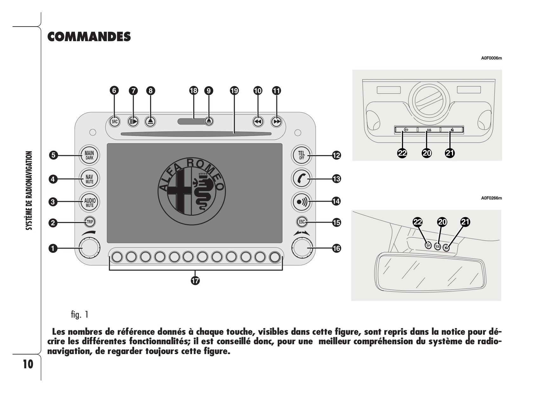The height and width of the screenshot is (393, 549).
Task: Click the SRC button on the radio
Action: pos(115,121)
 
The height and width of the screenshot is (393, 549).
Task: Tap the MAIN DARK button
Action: pos(89,155)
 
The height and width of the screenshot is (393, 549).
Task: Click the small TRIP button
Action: pos(90,222)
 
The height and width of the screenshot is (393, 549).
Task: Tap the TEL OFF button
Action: pos(301,155)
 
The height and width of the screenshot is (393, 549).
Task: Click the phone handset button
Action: pos(301,179)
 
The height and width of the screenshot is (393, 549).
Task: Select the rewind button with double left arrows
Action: pos(258,121)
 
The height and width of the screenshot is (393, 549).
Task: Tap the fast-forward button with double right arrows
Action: pos(277,121)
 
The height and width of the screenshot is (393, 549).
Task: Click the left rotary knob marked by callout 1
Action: pos(89,248)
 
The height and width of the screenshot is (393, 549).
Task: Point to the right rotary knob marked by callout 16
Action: pos(302,248)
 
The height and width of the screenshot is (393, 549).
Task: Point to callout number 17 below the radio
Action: pos(195,281)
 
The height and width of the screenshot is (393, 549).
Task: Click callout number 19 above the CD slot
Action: pos(234,91)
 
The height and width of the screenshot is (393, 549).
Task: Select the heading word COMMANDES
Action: pos(89,37)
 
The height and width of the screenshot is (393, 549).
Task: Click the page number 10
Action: pos(28,364)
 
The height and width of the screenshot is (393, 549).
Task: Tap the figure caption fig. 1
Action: pos(80,315)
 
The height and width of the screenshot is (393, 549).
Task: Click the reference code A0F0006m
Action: pos(492,58)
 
